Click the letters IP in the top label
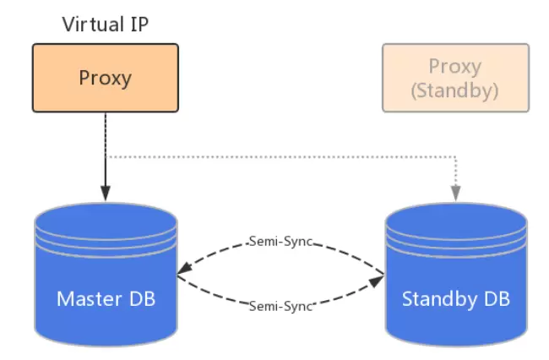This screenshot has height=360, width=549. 139,23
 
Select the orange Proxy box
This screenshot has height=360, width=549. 106,78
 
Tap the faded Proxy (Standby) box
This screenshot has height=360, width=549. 455,78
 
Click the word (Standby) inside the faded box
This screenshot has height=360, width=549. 455,89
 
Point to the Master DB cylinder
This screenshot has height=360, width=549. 106,279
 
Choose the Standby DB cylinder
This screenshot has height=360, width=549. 456,279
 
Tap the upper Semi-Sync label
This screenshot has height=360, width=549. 282,242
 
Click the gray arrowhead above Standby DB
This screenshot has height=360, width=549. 456,194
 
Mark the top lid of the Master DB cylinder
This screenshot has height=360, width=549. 106,215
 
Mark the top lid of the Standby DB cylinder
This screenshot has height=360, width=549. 456,215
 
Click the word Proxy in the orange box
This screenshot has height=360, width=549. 106,78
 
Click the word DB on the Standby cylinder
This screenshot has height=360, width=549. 497,298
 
